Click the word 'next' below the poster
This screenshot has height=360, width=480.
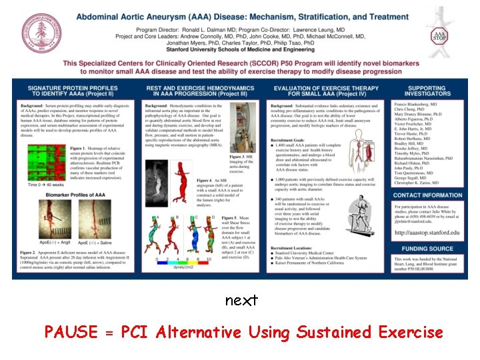[x=241, y=301]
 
